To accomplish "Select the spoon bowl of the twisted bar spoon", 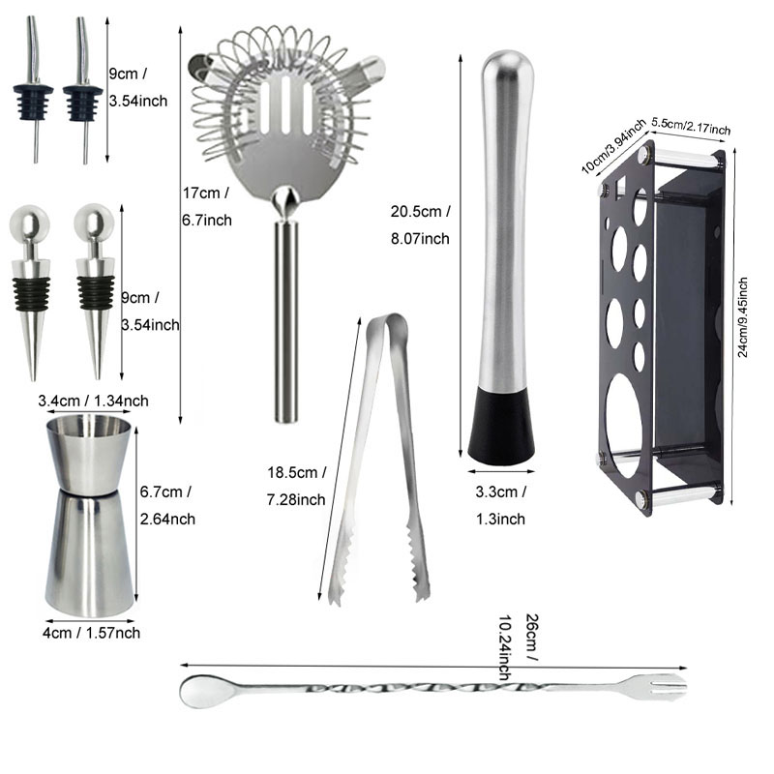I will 201,691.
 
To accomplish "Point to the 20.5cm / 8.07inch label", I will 420,224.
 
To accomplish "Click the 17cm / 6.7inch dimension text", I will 206,206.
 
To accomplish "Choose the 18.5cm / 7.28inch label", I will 297,486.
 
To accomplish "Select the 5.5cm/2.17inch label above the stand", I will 691,127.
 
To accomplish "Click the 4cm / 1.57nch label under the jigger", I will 92,633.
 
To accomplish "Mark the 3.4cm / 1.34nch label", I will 93,401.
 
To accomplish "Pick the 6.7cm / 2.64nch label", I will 166,505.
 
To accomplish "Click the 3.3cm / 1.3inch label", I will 501,505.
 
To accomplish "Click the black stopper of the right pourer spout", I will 83,102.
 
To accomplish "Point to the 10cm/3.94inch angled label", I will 614,145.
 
